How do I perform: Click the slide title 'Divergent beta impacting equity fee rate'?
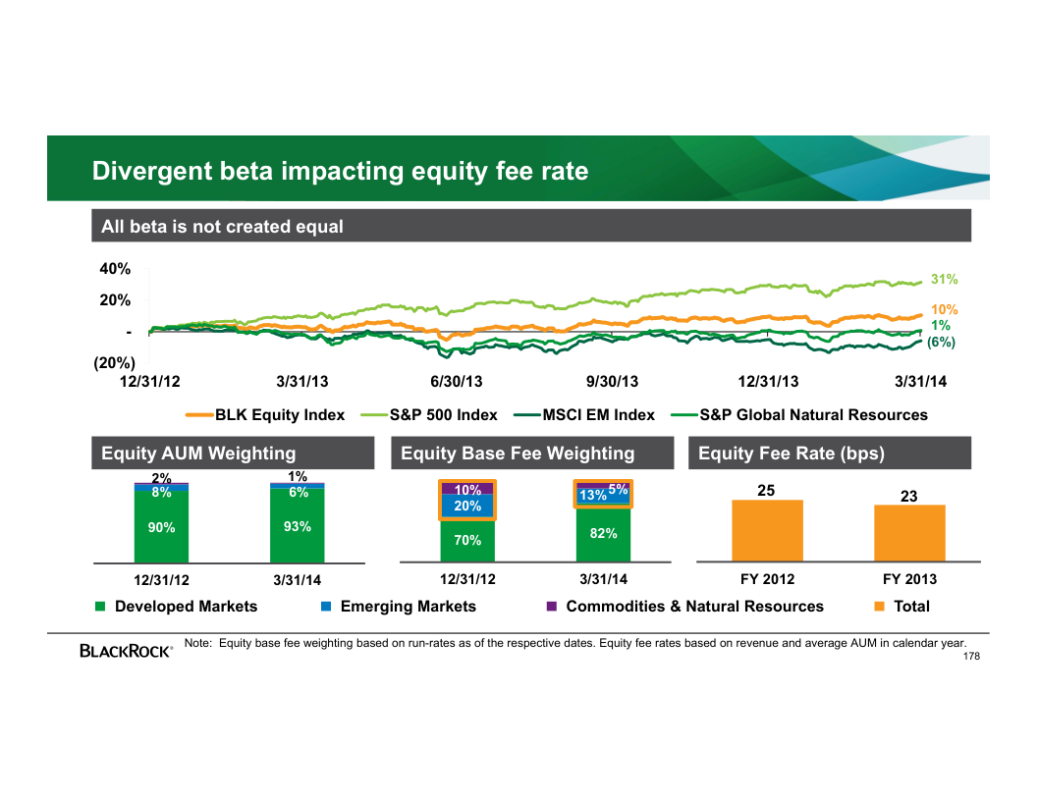340,172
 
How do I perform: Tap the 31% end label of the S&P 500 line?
944,280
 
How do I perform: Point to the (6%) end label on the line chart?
941,342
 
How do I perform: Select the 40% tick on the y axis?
115,269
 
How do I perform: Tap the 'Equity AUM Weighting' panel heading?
198,454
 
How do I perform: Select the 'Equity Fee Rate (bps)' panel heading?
791,454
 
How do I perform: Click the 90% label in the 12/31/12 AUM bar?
161,528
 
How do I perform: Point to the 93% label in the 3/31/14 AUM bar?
297,527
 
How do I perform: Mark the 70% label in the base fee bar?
467,541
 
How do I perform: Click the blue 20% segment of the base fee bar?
467,507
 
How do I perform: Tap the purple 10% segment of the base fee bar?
467,489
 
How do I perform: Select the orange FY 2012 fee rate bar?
767,530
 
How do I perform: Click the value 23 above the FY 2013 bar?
909,497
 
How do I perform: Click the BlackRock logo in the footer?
126,650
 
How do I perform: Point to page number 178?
971,656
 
